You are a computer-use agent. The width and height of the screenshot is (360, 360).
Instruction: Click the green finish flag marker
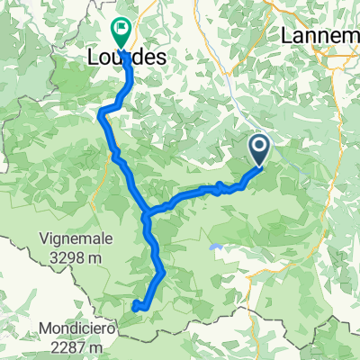pyautogui.click(x=120, y=32)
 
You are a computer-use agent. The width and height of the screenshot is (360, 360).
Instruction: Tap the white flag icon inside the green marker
pyautogui.click(x=120, y=30)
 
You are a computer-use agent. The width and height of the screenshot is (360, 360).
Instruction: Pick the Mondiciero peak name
pyautogui.click(x=83, y=328)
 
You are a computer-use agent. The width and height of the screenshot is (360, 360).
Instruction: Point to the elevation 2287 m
pyautogui.click(x=83, y=346)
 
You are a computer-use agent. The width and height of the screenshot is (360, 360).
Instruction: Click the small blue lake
pyautogui.click(x=213, y=245)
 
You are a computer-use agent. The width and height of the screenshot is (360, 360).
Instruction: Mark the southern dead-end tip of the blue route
pyautogui.click(x=135, y=308)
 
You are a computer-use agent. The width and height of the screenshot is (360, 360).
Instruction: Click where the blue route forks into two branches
pyautogui.click(x=147, y=214)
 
